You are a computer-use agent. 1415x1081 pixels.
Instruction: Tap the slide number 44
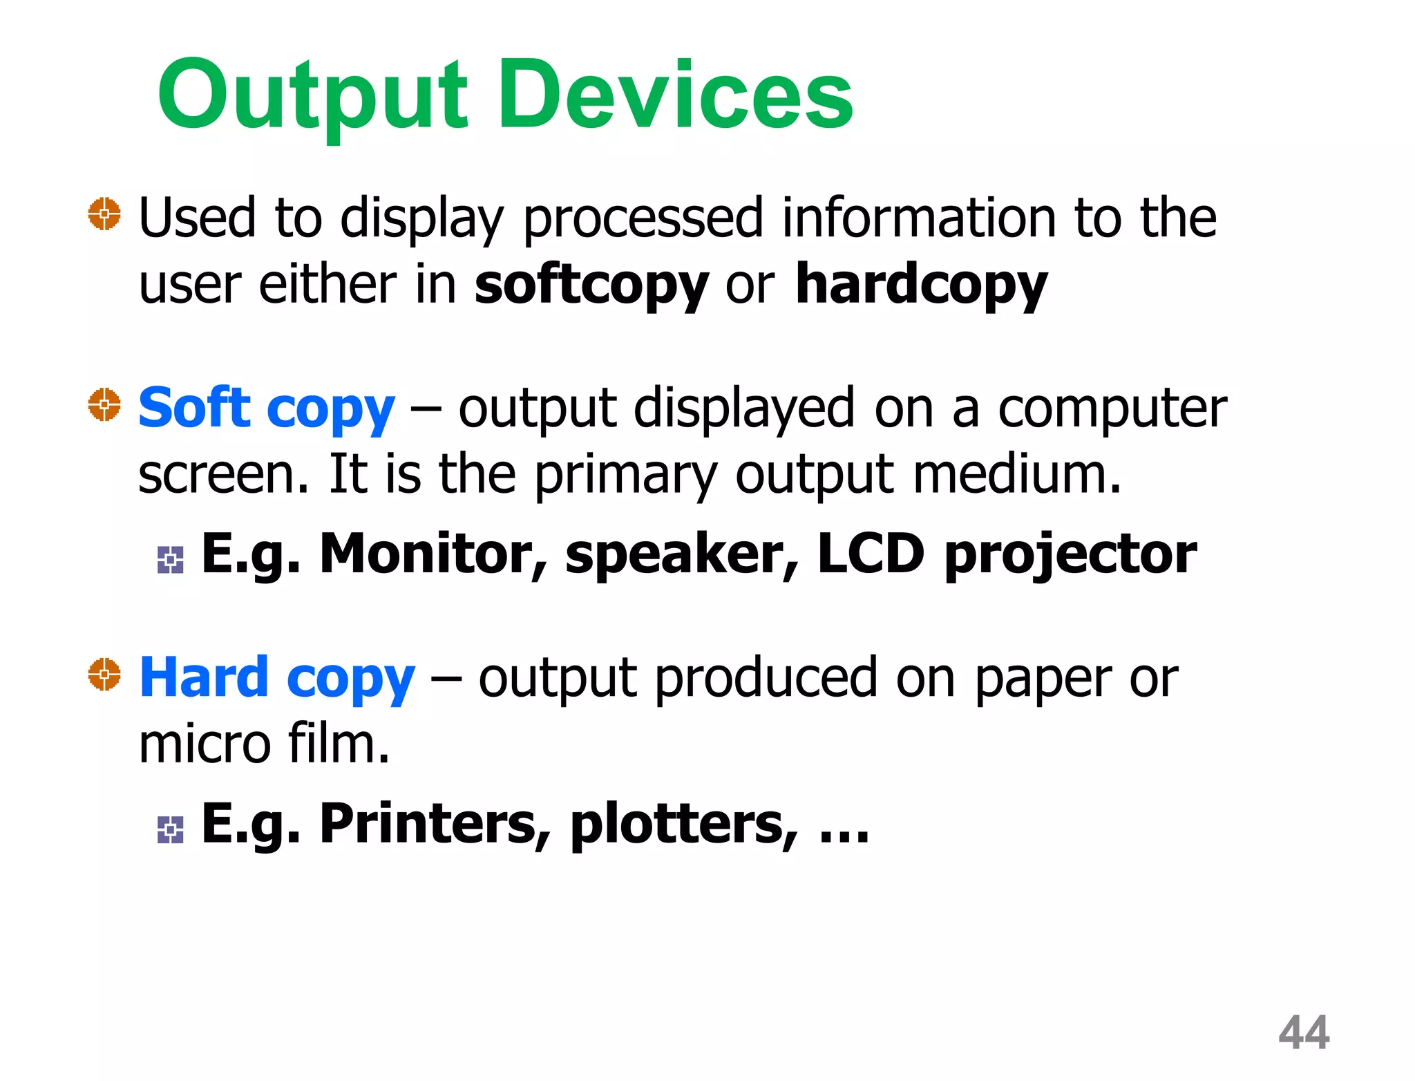(1304, 1033)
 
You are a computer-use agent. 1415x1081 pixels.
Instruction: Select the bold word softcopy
(591, 285)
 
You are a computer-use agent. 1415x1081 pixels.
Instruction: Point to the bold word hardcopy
(921, 285)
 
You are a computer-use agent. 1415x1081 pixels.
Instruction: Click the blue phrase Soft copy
(267, 408)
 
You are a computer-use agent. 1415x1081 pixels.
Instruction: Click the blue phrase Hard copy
(277, 677)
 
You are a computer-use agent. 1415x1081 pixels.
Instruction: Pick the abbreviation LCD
(871, 554)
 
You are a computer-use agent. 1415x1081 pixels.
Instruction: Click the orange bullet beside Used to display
(104, 214)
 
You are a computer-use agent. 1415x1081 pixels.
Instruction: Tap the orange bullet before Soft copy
(104, 404)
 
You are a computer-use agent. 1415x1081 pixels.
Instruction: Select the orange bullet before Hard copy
(104, 674)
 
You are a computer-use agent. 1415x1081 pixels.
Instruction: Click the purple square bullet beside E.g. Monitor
(170, 560)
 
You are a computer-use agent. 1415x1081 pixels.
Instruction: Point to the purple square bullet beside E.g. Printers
(170, 829)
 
